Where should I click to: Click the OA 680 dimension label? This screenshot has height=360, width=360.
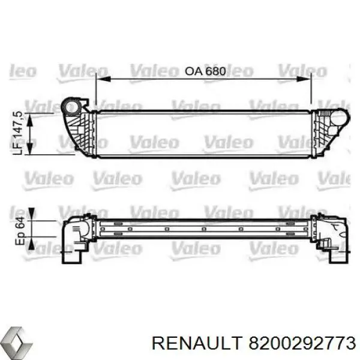[205, 71]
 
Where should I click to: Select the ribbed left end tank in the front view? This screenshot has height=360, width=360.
[79, 129]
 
